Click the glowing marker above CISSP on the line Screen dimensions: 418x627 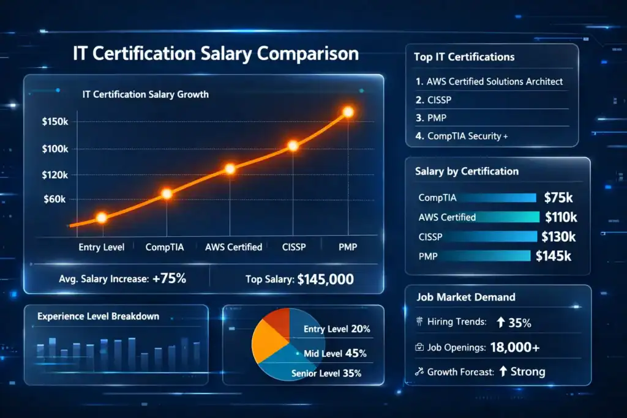[293, 146]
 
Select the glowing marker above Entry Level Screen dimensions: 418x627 [102, 217]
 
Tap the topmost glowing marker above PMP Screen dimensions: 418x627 [348, 112]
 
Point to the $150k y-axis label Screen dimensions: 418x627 [55, 122]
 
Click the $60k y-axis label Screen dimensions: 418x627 [55, 200]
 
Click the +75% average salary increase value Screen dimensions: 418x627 [170, 279]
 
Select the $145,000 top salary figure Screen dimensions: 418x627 [325, 280]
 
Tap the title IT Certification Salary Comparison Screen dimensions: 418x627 [216, 53]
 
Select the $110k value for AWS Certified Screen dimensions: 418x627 [561, 217]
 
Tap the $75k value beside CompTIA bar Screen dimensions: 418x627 [558, 198]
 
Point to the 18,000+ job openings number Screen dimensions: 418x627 [515, 347]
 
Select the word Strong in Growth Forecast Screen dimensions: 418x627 [528, 371]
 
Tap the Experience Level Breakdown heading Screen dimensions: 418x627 [98, 316]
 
